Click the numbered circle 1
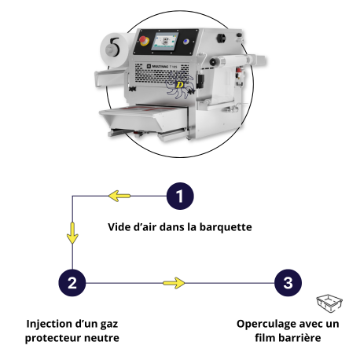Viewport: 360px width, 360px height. pyautogui.click(x=180, y=196)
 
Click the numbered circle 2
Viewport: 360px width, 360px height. pyautogui.click(x=72, y=283)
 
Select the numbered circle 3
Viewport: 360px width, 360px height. pyautogui.click(x=287, y=283)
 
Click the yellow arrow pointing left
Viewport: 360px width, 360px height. pyautogui.click(x=119, y=196)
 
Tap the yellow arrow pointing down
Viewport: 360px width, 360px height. pyautogui.click(x=72, y=233)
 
